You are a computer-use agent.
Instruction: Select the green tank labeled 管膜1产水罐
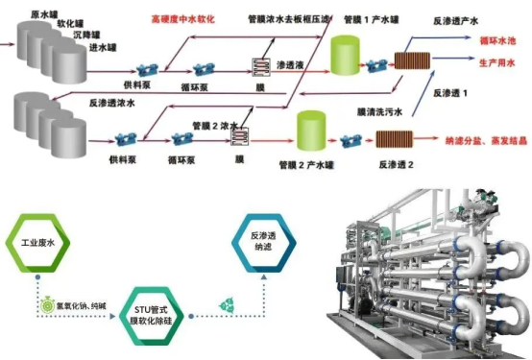345,55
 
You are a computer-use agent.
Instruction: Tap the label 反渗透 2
394,162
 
